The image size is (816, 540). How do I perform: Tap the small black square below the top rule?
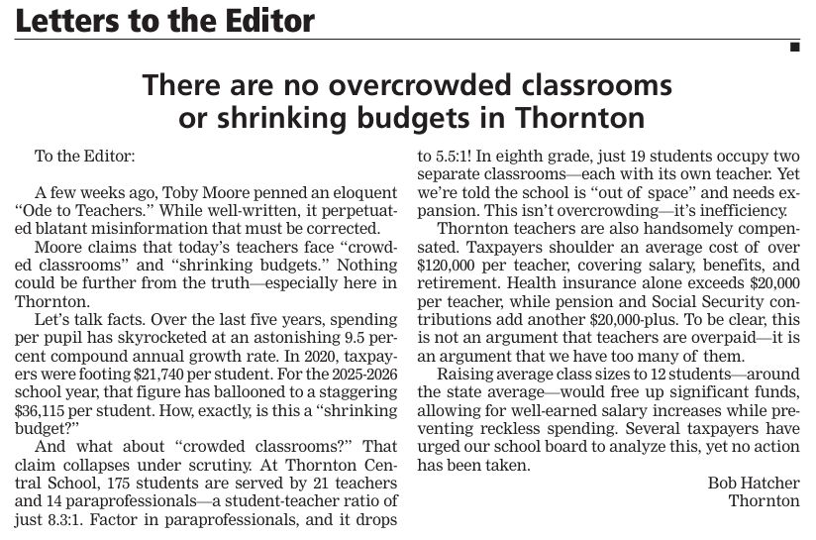794,48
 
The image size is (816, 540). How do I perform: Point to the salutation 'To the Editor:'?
84,157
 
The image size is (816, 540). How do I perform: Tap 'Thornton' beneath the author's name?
764,500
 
